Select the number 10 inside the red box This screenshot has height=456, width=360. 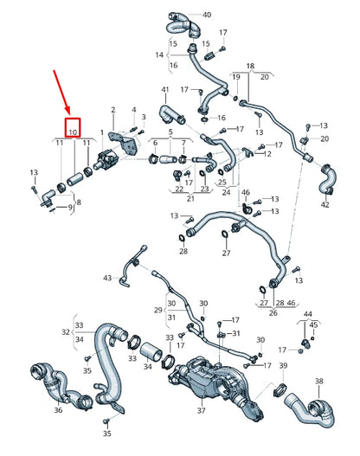[x=73, y=131]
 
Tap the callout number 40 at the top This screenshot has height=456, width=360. [x=206, y=15]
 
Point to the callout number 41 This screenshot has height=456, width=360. [x=165, y=91]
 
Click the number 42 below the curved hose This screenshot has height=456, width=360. [x=325, y=205]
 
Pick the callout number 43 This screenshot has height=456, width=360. [x=107, y=278]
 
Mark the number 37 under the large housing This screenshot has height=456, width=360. [x=202, y=411]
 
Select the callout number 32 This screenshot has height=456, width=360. [x=66, y=331]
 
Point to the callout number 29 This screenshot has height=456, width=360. [x=158, y=309]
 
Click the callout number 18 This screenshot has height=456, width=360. [x=250, y=66]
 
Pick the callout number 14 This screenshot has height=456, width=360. [x=159, y=54]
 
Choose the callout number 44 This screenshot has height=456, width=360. [x=307, y=312]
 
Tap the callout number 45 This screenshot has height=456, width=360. [x=315, y=324]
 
